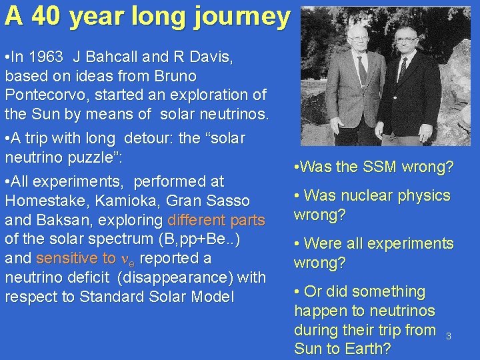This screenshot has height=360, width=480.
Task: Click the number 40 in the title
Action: pyautogui.click(x=45, y=16)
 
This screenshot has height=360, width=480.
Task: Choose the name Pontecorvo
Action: pyautogui.click(x=46, y=95)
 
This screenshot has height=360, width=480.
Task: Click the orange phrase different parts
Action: pyautogui.click(x=217, y=220)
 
